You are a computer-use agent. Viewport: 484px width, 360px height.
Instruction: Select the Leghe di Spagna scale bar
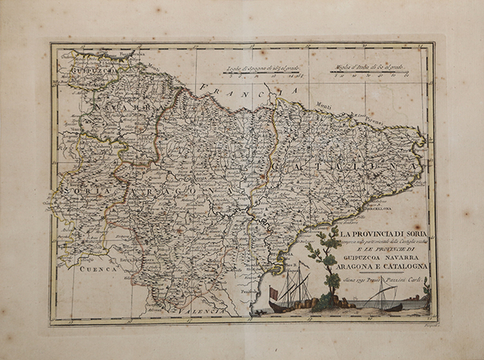[x=263, y=78]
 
